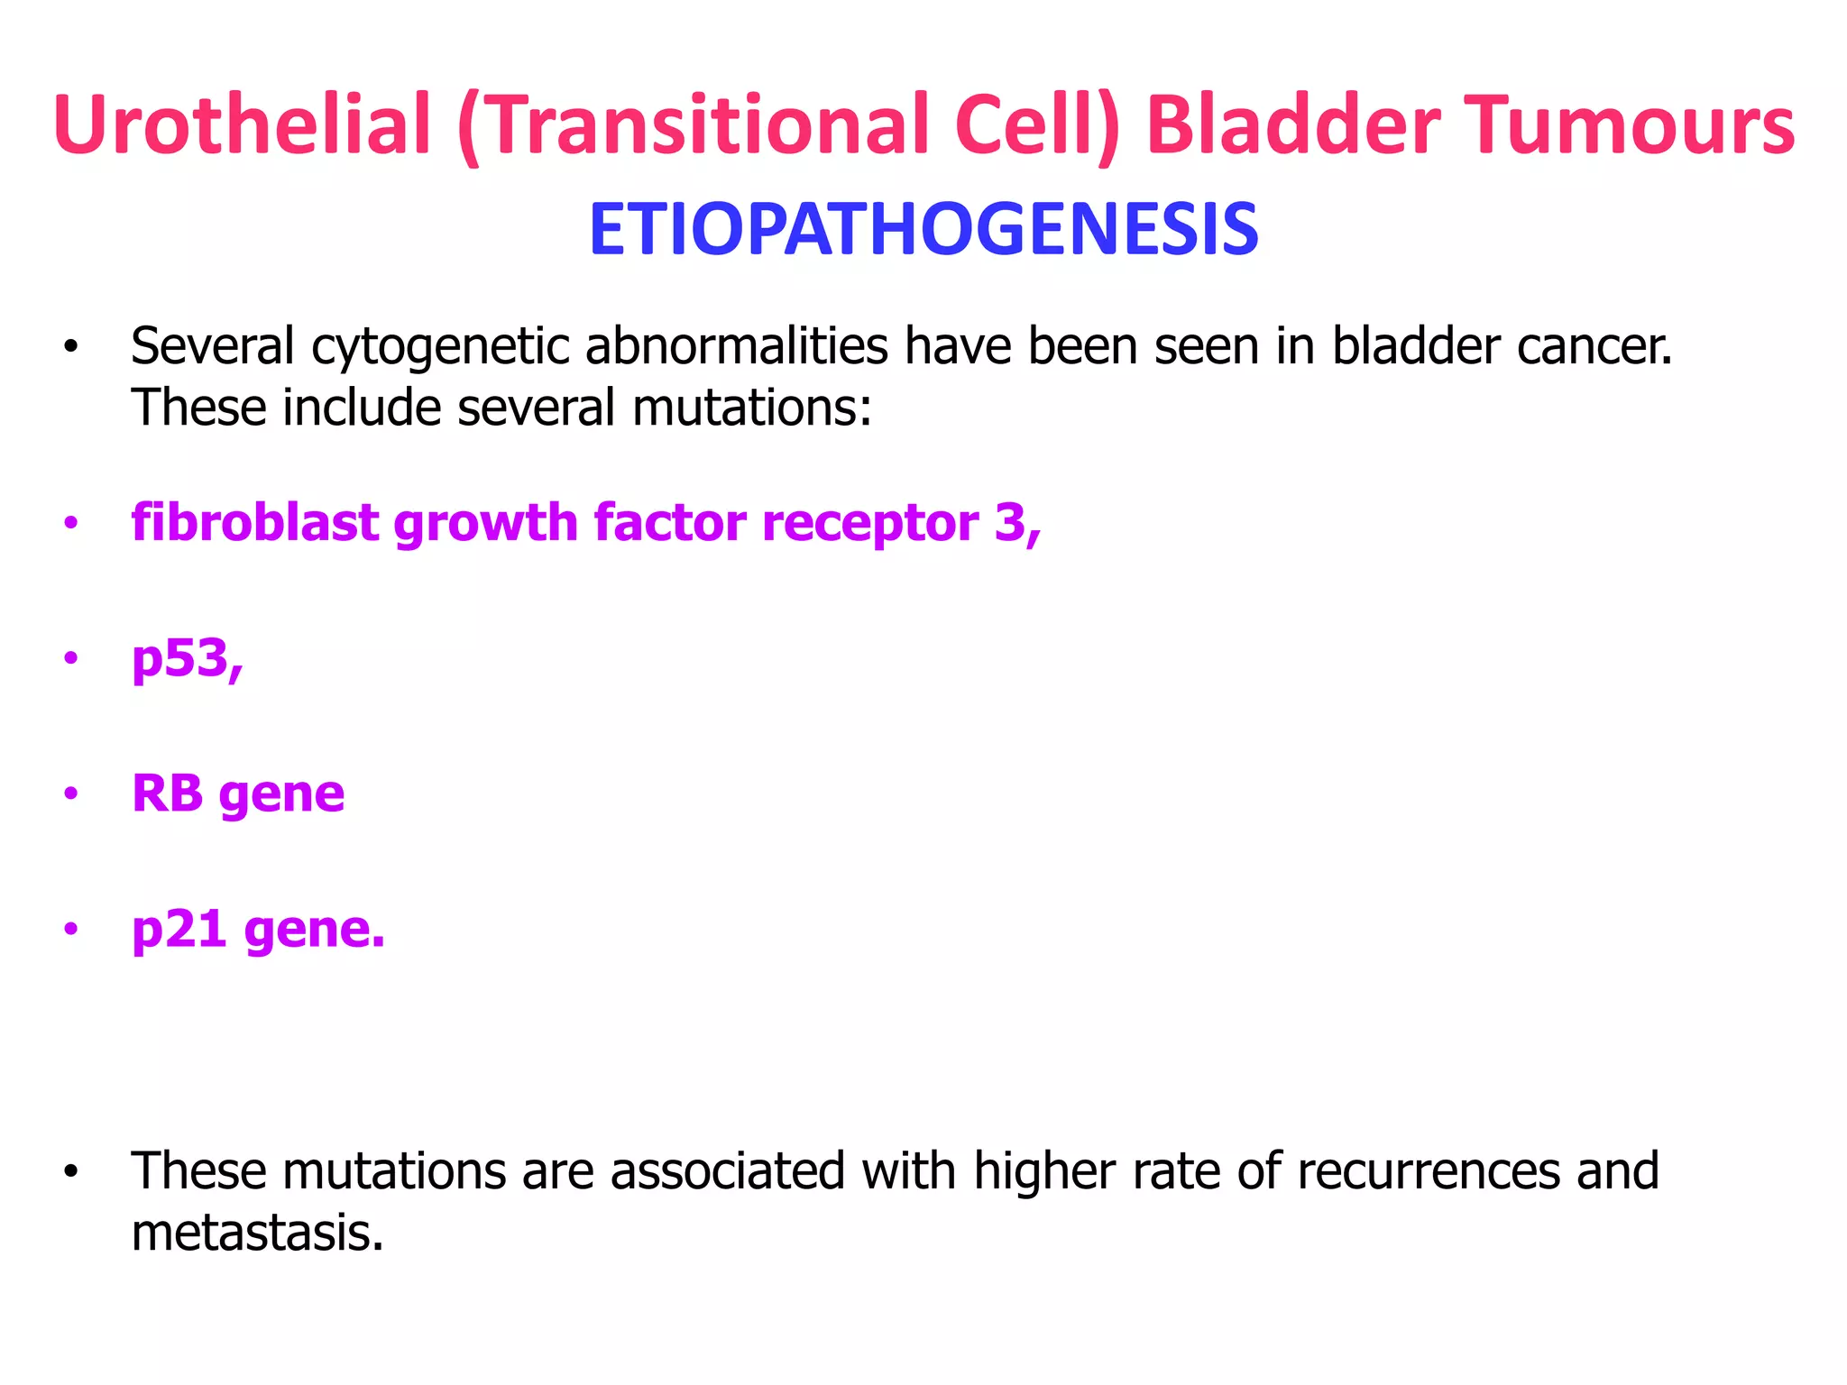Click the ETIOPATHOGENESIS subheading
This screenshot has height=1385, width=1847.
(x=923, y=230)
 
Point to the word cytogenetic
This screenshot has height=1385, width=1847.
(x=441, y=347)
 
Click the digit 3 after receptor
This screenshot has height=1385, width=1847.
(x=1010, y=523)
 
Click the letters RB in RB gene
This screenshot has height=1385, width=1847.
(x=168, y=793)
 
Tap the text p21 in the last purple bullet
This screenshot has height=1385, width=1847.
(x=179, y=930)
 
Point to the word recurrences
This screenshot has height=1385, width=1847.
(x=1429, y=1171)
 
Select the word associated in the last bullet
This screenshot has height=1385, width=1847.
(x=728, y=1171)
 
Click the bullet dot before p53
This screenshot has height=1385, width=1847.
(x=71, y=659)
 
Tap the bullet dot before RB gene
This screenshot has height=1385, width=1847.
(x=71, y=794)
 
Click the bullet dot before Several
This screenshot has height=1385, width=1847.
(x=71, y=347)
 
